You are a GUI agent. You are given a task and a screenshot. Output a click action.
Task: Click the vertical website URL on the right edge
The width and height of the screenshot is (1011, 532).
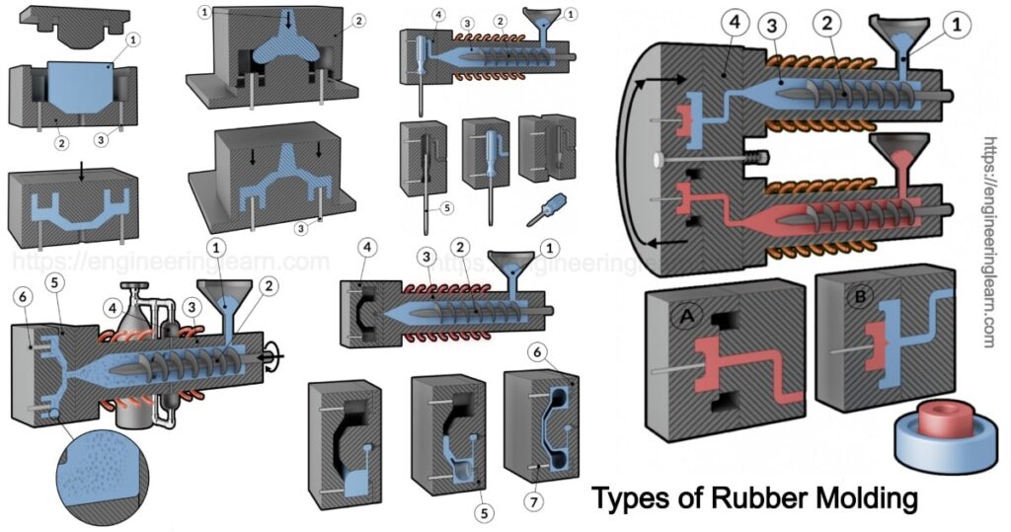[x=989, y=242]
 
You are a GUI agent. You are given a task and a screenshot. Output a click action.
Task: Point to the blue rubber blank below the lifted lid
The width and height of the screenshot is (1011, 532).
[x=84, y=95]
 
